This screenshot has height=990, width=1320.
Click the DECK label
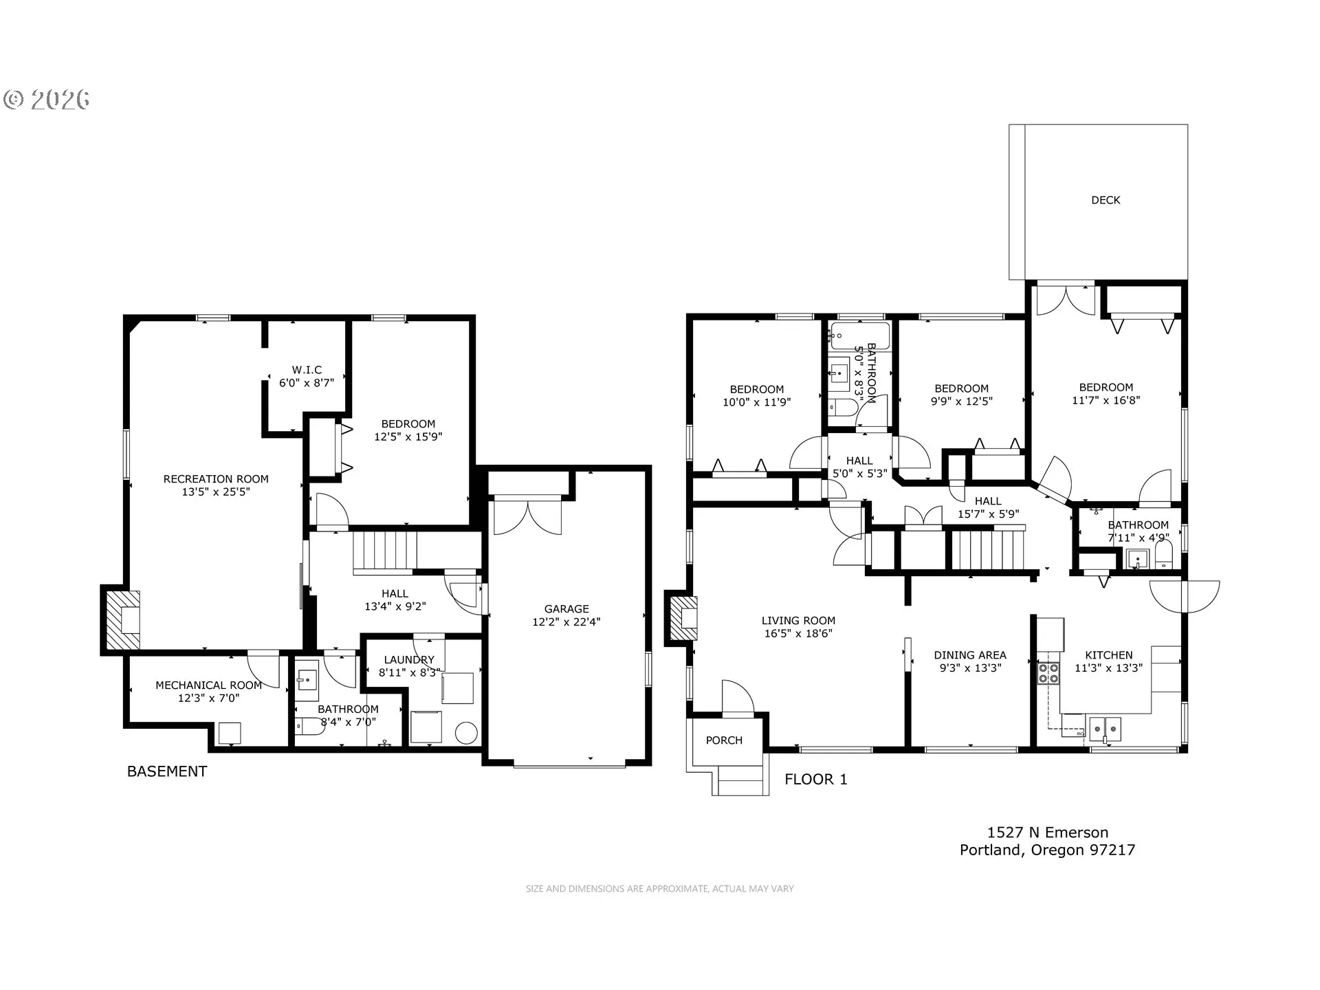[1105, 200]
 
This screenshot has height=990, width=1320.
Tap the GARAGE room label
[566, 609]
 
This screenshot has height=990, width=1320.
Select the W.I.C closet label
[307, 370]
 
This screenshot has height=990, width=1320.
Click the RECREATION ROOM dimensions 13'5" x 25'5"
[216, 492]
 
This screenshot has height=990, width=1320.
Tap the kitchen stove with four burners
[1048, 673]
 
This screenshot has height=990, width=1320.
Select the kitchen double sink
[1105, 727]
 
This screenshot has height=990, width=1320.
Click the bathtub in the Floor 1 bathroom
[859, 335]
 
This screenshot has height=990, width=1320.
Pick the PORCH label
[724, 740]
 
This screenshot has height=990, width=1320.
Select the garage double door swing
[527, 517]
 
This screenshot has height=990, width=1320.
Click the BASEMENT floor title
[167, 771]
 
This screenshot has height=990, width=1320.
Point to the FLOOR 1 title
[816, 779]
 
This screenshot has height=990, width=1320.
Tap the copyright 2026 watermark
[47, 100]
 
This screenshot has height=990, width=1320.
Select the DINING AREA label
[969, 655]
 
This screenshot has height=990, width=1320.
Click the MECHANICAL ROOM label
[208, 685]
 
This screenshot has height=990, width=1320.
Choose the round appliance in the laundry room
[467, 733]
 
